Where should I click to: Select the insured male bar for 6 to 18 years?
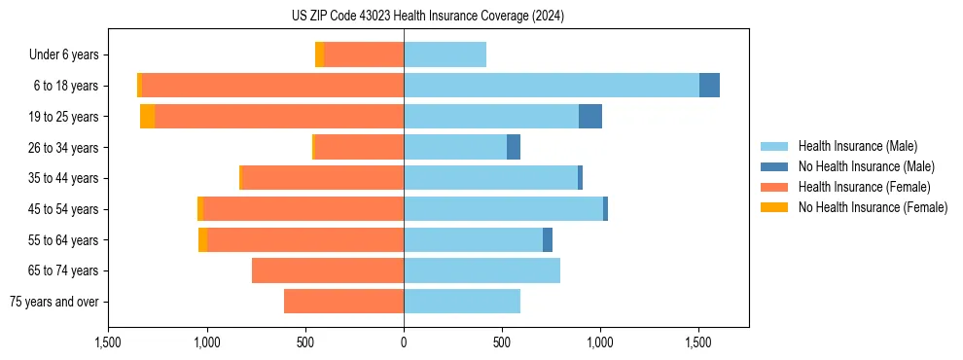552,86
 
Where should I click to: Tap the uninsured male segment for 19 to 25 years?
590,117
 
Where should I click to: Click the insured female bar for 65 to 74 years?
328,270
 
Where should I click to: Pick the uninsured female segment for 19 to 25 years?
147,117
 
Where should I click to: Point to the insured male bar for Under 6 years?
445,54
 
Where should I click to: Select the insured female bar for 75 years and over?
343,302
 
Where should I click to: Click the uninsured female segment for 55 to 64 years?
202,240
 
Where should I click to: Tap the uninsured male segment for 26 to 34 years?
514,147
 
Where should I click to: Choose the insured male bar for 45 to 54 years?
503,209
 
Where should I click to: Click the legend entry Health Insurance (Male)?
857,146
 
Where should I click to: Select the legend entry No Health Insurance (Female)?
873,207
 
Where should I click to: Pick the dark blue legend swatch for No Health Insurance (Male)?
775,166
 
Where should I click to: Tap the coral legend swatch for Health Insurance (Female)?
775,187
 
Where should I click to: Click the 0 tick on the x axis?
404,342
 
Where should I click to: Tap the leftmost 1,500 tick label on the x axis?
108,342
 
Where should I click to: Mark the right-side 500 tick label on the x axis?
502,342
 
